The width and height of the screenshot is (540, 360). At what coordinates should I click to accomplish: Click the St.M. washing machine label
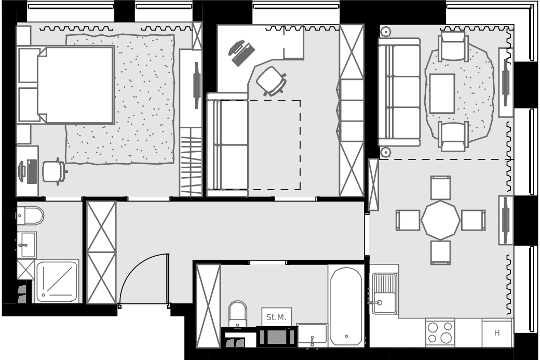tap(276, 317)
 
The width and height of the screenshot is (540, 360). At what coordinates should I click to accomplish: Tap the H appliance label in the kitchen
tap(497, 333)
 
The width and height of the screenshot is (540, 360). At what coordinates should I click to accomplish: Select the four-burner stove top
tap(440, 332)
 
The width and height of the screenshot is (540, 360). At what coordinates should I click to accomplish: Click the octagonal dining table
tap(440, 220)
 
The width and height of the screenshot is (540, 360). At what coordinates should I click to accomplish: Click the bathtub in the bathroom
tap(346, 305)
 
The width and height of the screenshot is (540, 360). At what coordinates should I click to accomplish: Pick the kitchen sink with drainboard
tap(384, 294)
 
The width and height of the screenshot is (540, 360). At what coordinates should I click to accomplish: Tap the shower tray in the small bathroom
tap(57, 281)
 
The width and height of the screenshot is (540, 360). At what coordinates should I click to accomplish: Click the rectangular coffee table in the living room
tap(442, 94)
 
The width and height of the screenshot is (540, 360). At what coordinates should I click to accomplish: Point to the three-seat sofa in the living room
tap(399, 92)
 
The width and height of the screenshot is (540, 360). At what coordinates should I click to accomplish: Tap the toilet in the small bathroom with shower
tap(30, 216)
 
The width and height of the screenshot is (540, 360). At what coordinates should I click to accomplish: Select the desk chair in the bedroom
tap(55, 171)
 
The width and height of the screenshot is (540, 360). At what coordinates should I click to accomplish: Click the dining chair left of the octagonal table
tap(408, 220)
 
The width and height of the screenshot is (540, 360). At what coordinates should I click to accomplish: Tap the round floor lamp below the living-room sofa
tap(385, 152)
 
